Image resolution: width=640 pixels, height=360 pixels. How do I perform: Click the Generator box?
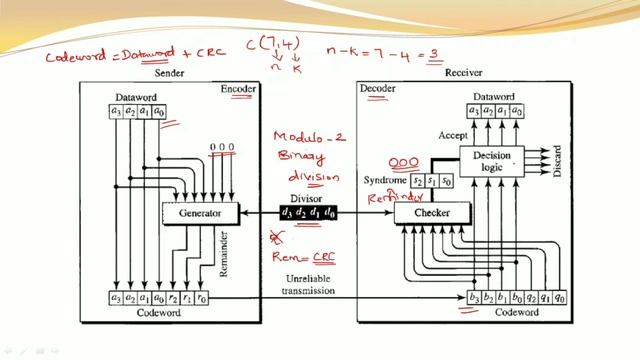(x=200, y=213)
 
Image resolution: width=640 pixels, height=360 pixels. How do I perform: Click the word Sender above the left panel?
(x=166, y=73)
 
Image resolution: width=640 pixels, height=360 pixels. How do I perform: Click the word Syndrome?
(x=388, y=182)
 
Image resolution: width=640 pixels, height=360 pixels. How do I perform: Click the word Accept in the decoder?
(x=453, y=133)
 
